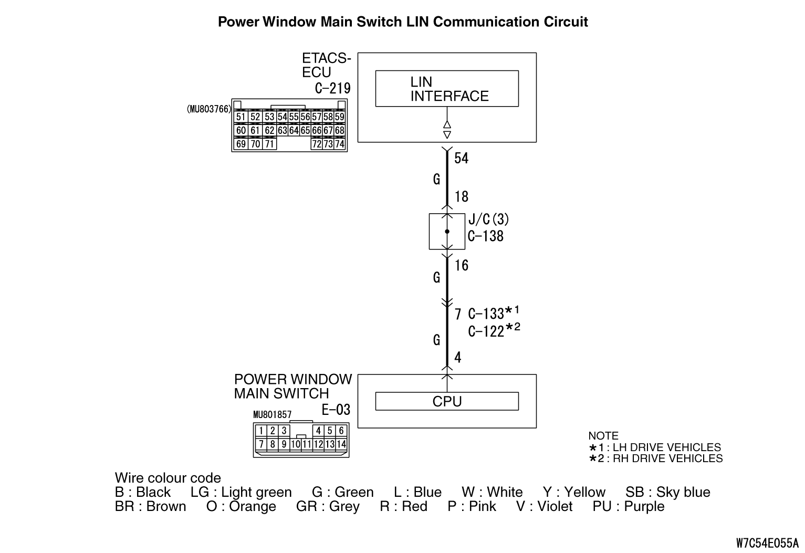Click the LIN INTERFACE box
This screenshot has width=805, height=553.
(x=447, y=89)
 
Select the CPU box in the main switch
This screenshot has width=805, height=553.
(x=447, y=401)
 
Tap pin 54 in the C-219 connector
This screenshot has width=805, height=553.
(x=282, y=117)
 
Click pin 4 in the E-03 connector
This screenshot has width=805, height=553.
(x=318, y=431)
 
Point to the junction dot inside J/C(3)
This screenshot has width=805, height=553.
(x=447, y=232)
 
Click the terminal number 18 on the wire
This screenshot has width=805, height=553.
(x=461, y=197)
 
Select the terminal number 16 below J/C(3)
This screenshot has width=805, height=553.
(x=461, y=266)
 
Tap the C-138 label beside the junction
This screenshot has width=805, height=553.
(x=485, y=236)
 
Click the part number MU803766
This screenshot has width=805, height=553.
(x=209, y=109)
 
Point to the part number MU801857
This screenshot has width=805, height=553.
(x=272, y=415)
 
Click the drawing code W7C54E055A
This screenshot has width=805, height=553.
(x=767, y=542)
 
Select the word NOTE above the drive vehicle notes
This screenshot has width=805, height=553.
(x=603, y=436)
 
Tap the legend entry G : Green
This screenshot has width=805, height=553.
(x=342, y=492)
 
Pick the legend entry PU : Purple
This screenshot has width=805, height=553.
(x=628, y=506)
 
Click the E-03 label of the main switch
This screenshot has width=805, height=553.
(x=336, y=410)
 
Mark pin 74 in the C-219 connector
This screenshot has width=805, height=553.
(x=340, y=144)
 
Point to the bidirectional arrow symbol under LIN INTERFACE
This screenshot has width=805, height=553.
(x=447, y=130)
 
